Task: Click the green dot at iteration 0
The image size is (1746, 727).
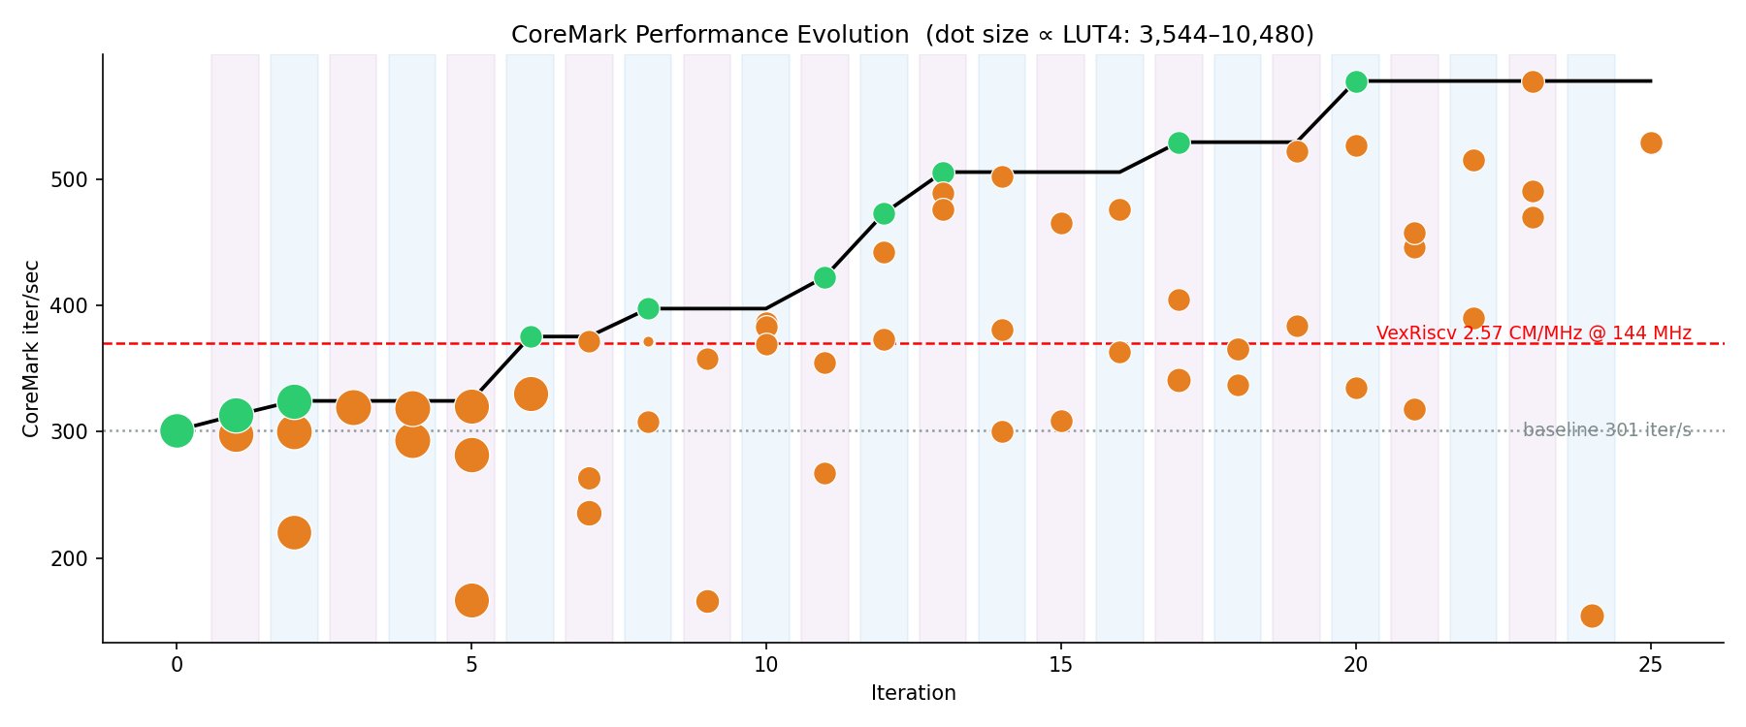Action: coord(177,430)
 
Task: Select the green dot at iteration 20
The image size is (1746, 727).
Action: coord(1356,82)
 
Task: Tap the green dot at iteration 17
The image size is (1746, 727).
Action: coord(1179,143)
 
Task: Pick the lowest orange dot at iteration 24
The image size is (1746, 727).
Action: coord(1592,616)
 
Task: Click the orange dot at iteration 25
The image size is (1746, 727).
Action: coord(1651,143)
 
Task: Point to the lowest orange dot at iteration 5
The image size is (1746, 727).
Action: coord(471,600)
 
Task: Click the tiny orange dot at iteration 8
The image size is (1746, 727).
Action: coord(648,341)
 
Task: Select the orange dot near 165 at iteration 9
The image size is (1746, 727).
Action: coord(707,601)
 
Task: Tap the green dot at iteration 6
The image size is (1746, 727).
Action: coord(531,337)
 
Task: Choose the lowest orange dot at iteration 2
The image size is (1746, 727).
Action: coord(294,532)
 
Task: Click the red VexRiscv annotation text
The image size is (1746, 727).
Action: coord(1534,333)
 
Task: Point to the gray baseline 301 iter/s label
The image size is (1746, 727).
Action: coord(1606,430)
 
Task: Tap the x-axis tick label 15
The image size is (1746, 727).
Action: coord(1061,665)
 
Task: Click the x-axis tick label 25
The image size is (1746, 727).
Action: coord(1650,665)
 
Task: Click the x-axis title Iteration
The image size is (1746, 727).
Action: coord(913,693)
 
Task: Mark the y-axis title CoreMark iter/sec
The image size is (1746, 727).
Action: coord(31,348)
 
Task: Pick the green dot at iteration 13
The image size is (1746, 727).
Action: coord(943,174)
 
